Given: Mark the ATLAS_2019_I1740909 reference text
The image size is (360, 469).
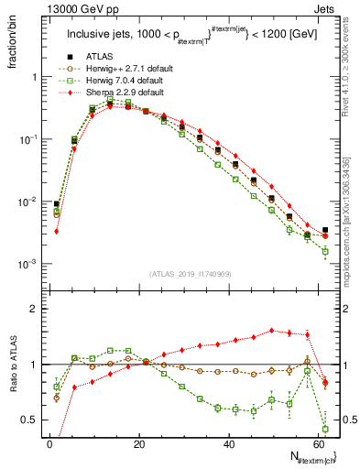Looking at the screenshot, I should point(189,274).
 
